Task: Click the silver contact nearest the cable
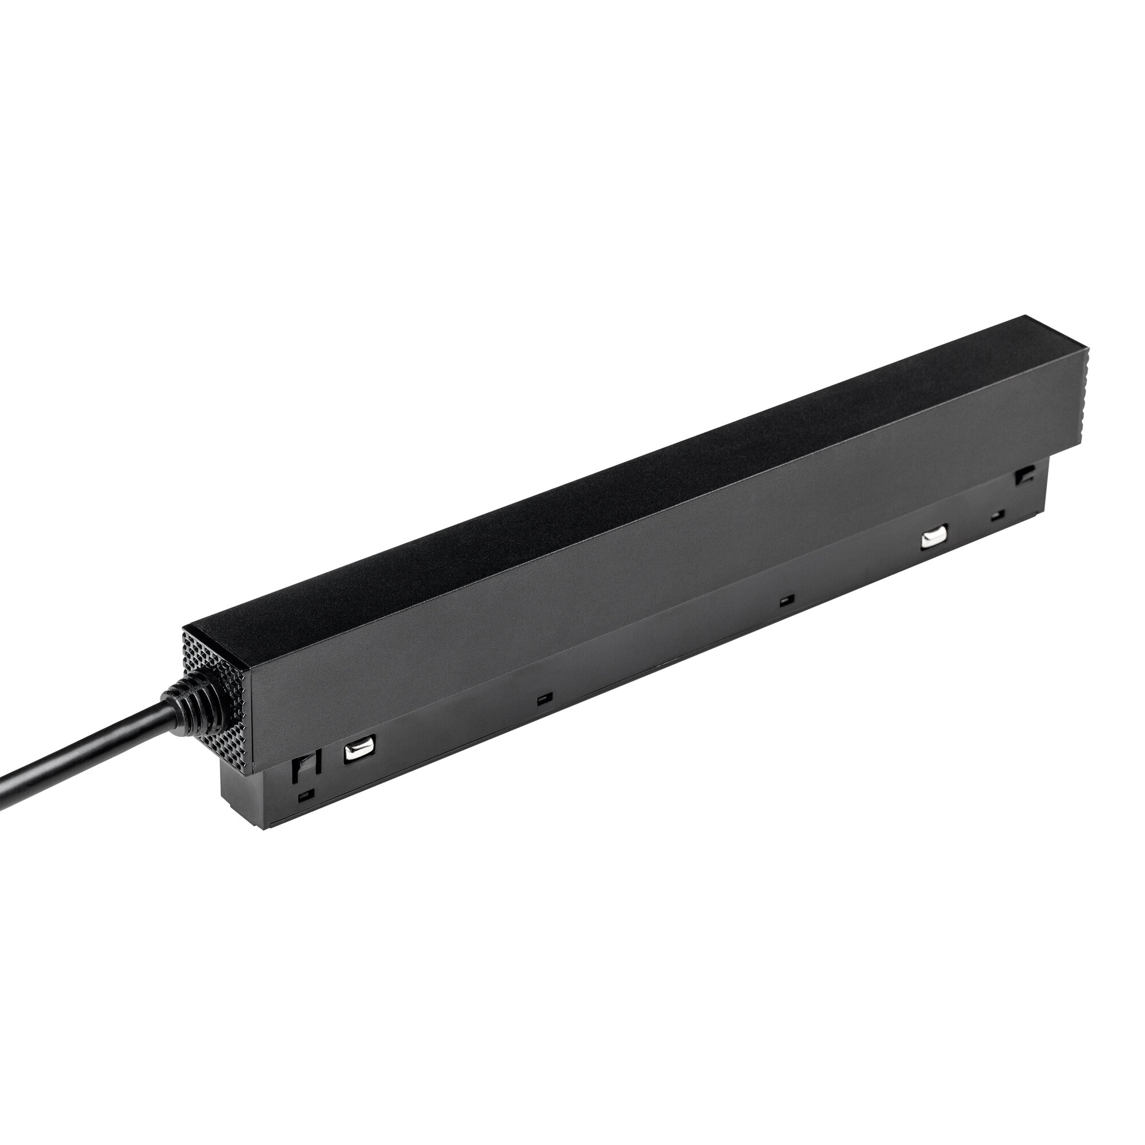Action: [x=357, y=752]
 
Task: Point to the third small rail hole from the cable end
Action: [x=787, y=601]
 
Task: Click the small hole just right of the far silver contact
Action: [x=999, y=515]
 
